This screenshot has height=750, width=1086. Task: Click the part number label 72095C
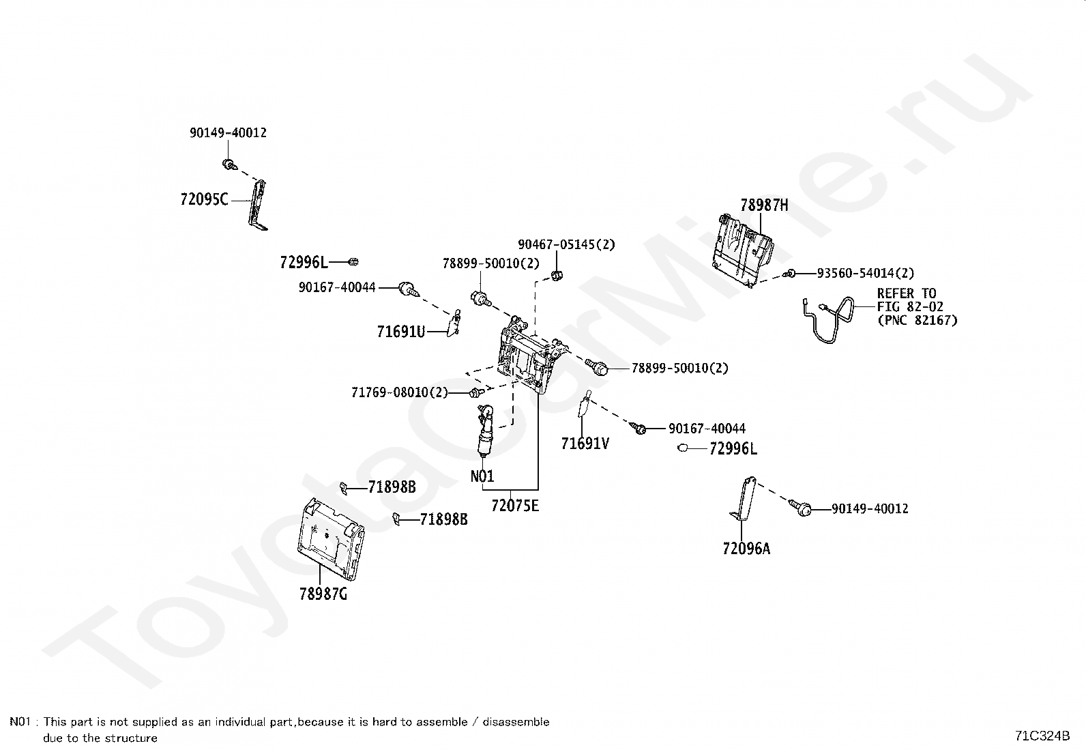(204, 199)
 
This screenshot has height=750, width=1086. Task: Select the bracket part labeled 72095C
(258, 205)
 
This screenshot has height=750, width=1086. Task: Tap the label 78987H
(764, 205)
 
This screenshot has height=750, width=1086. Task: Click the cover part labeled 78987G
(331, 539)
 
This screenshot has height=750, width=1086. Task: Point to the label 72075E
(515, 506)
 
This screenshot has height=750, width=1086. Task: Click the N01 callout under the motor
(482, 476)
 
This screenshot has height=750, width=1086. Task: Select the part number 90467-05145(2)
(566, 244)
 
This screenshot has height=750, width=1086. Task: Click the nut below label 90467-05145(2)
(557, 276)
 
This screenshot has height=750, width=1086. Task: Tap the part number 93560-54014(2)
(866, 274)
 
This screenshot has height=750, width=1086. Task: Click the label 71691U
(401, 332)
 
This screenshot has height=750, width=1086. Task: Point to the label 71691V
(585, 444)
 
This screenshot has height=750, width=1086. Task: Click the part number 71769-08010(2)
(400, 392)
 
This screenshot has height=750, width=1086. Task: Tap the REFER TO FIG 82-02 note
(918, 306)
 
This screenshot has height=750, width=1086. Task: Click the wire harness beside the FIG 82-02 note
(829, 319)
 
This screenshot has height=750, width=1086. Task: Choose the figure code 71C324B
(1042, 736)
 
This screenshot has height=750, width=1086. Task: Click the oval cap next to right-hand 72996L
(683, 448)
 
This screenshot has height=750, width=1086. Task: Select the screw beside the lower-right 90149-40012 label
(800, 508)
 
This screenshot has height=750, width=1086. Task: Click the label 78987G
(323, 594)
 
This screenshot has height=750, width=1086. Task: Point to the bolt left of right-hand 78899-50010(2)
(597, 366)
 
